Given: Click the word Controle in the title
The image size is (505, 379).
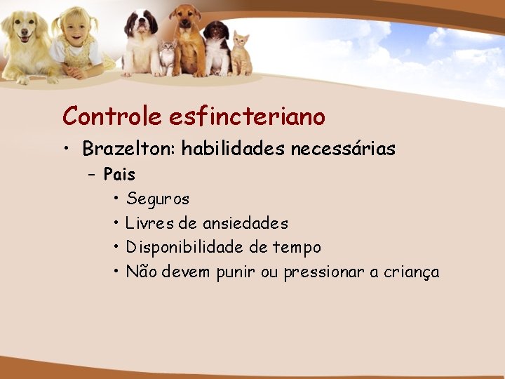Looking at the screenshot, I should [x=112, y=116].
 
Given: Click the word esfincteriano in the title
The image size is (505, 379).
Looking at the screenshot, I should [x=247, y=116].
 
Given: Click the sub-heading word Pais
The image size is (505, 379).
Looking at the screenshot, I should [x=119, y=174].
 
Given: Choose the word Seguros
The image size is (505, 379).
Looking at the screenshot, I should [x=158, y=199].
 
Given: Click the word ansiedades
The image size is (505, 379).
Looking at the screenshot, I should [x=245, y=224].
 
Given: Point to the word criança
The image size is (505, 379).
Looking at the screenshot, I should [x=411, y=272].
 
